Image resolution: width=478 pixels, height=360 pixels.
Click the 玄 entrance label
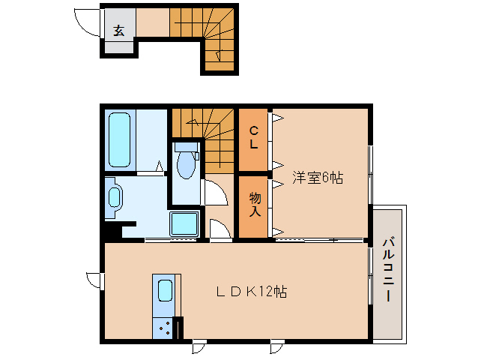coord(119,31)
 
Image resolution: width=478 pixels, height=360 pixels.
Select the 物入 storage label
coord(254,204)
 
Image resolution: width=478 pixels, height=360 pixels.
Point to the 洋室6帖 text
coord(318,178)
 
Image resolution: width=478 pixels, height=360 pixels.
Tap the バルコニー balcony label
coord(388,270)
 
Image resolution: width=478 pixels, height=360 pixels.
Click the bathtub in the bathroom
coord(120,139)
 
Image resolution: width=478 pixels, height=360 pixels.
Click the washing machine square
coord(184,223)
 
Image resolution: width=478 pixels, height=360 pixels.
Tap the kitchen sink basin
coord(165,290)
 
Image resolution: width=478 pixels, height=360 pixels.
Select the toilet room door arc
coord(216,192)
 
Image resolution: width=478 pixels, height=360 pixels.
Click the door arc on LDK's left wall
coord(94,280)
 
